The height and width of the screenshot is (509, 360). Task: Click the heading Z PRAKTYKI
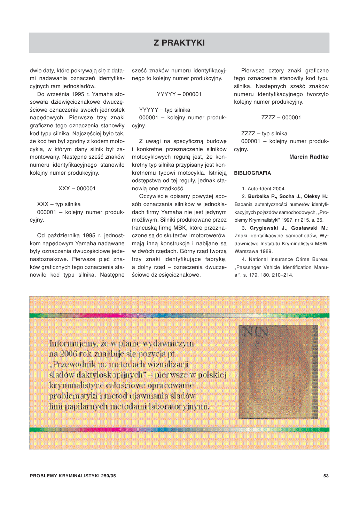click(179, 43)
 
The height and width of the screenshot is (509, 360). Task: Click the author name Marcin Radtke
click(309, 157)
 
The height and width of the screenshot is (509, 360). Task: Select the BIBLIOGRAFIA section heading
click(252, 173)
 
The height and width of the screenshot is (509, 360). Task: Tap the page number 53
click(326, 476)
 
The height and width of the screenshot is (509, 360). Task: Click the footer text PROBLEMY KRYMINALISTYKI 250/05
click(73, 476)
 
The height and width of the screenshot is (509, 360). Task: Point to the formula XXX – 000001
click(77, 189)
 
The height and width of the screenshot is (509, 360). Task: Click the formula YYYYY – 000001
click(179, 94)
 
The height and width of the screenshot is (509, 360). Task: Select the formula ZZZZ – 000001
click(281, 118)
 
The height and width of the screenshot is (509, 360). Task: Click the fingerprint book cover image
click(278, 372)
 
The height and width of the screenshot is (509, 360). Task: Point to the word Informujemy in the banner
click(73, 344)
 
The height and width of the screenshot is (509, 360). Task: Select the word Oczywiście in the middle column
click(153, 196)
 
